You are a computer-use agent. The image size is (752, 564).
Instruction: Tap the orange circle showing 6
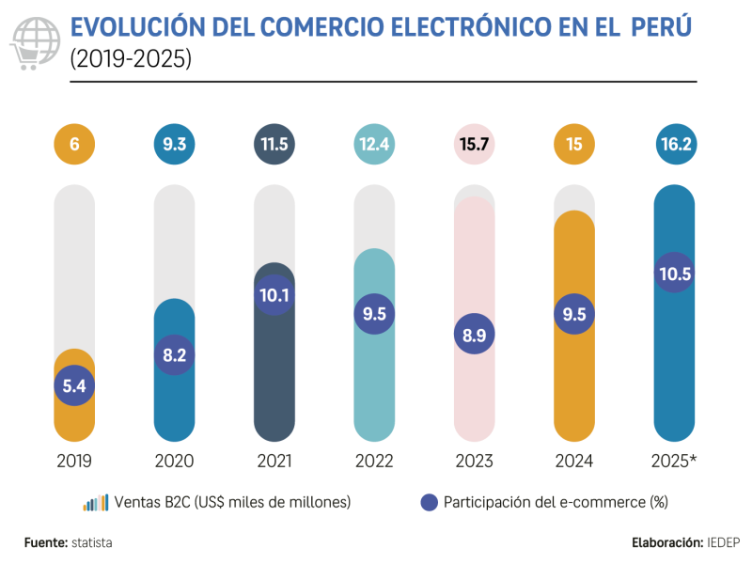74,146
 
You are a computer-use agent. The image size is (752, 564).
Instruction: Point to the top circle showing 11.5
274,146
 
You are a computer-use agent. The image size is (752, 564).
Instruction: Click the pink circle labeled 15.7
474,146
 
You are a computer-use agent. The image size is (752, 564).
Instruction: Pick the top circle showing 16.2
673,146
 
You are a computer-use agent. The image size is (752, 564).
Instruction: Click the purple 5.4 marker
74,385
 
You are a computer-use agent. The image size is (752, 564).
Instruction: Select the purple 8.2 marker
174,354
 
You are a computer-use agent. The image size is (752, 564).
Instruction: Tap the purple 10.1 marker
274,294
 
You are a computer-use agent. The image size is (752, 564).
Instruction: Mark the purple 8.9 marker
474,334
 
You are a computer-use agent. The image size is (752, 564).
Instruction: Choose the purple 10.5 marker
673,274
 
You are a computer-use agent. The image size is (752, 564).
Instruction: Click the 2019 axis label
74,462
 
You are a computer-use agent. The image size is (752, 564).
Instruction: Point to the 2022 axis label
374,462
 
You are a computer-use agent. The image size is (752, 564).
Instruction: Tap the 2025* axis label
674,462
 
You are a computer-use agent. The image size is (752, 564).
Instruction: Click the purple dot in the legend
430,502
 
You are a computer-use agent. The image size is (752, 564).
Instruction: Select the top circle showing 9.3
174,146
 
